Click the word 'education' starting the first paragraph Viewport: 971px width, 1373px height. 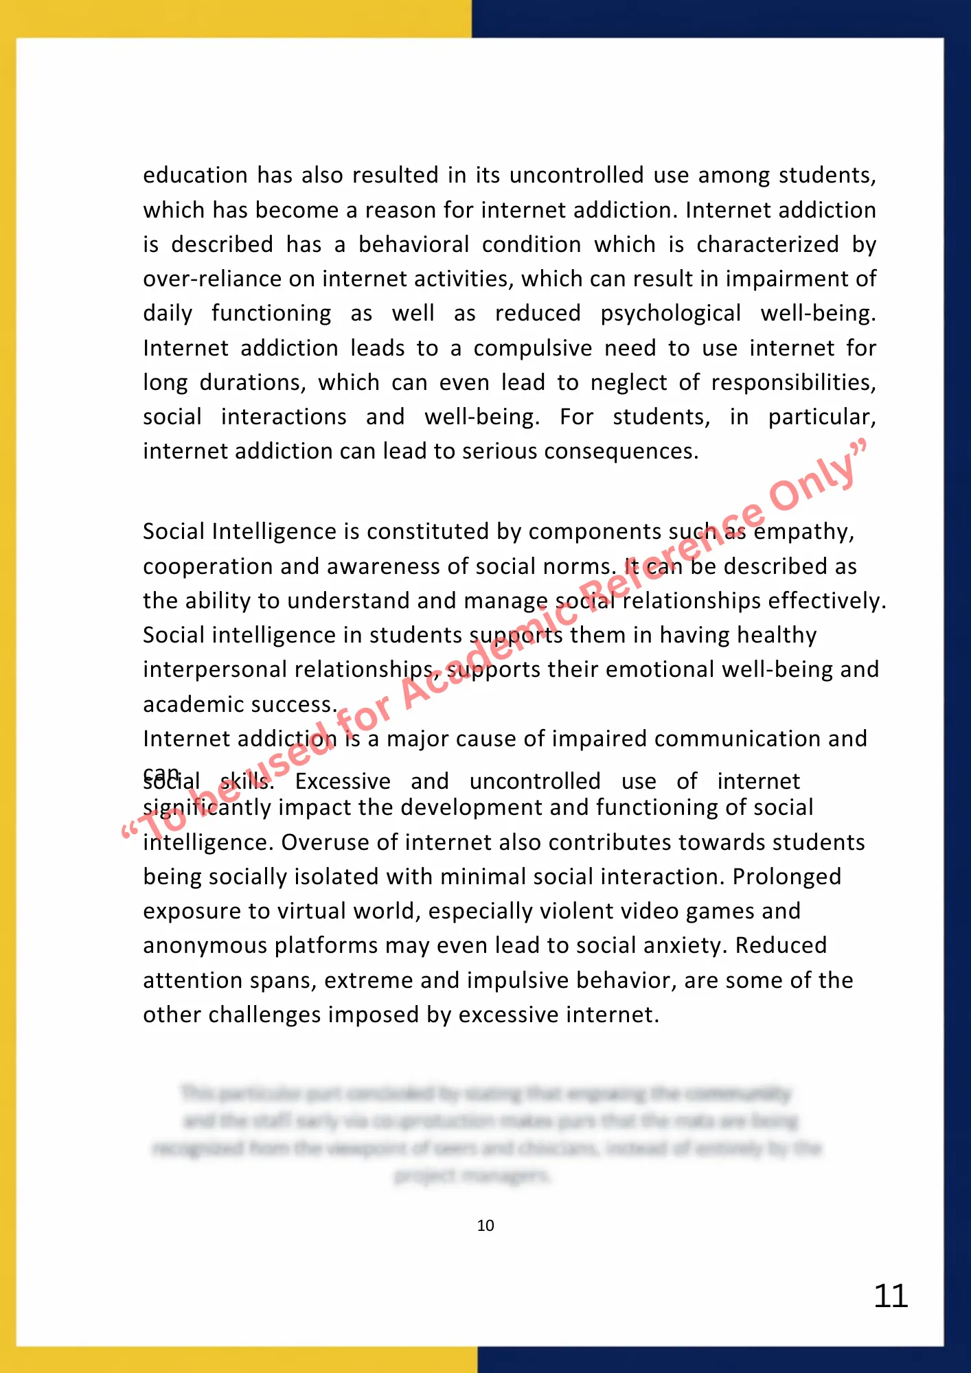pos(195,176)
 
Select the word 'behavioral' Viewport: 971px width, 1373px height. pos(414,244)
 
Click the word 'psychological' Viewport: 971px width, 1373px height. pos(671,314)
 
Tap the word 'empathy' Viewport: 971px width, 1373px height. pos(803,532)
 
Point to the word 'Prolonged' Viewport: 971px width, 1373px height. pos(786,877)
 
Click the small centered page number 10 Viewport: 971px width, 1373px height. pos(485,1225)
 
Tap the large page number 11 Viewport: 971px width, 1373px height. pos(891,1296)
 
